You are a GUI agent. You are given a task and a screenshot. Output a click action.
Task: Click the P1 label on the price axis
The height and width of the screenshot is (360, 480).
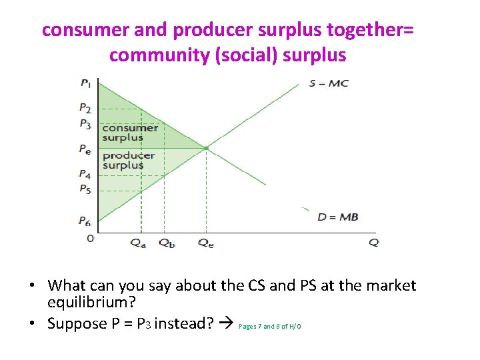(x=85, y=84)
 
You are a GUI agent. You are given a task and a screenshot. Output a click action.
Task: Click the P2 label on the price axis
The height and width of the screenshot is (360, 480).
(x=85, y=108)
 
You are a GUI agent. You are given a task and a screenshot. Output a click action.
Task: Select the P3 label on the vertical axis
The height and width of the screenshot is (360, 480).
(x=85, y=124)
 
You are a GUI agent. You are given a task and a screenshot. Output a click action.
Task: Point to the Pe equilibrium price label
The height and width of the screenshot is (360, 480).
(x=85, y=149)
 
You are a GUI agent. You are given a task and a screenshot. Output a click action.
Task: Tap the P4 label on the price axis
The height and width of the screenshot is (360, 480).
(x=85, y=174)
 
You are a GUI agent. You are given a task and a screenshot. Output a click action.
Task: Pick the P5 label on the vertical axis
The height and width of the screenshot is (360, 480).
(x=85, y=189)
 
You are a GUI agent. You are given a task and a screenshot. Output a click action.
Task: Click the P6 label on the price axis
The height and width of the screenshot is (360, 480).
(x=85, y=221)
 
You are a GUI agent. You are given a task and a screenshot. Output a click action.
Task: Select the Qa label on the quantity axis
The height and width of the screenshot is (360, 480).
(x=138, y=243)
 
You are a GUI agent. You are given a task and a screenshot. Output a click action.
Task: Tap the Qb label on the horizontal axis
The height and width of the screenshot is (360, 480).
(x=167, y=243)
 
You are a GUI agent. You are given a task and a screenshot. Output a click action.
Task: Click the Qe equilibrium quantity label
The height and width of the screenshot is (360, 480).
(x=206, y=243)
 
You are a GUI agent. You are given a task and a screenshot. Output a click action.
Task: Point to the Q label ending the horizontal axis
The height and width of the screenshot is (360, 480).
(x=373, y=243)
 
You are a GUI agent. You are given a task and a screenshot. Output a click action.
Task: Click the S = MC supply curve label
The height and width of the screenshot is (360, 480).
(x=328, y=83)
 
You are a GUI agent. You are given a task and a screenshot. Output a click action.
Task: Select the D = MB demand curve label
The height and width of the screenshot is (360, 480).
(x=337, y=217)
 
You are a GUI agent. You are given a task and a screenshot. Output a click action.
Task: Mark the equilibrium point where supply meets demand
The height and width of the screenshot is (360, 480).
(x=207, y=148)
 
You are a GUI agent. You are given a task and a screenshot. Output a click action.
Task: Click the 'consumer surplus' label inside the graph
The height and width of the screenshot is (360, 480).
(x=129, y=133)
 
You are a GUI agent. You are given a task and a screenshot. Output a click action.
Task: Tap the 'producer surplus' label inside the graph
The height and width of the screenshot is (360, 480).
(x=129, y=160)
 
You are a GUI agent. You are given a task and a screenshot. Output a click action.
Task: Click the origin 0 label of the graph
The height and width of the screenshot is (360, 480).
(x=90, y=238)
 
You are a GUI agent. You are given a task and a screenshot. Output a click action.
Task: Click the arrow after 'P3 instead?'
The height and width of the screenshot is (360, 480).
(x=226, y=324)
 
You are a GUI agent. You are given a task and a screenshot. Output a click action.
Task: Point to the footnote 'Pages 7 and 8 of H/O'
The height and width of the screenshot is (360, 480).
(x=270, y=326)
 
